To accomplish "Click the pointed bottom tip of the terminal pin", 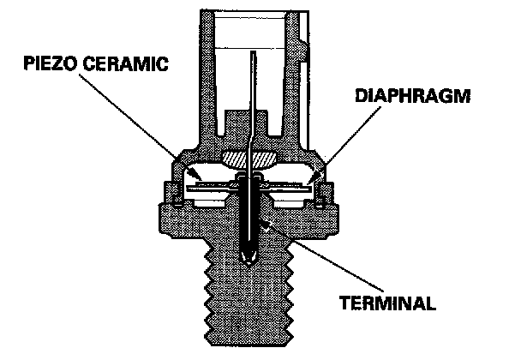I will tap(249, 262).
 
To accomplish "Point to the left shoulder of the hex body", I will tap(171, 219).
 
